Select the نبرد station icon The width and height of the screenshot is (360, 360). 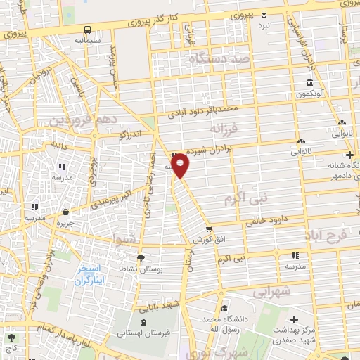coord(263,14)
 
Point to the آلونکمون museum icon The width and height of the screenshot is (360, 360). coord(309,81)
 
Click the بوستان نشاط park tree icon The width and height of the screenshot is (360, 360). coord(140,258)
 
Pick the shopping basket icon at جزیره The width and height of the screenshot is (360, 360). coord(65,212)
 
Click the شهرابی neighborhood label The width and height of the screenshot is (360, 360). coord(271,290)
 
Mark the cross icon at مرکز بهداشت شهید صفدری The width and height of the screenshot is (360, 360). coord(293,320)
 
